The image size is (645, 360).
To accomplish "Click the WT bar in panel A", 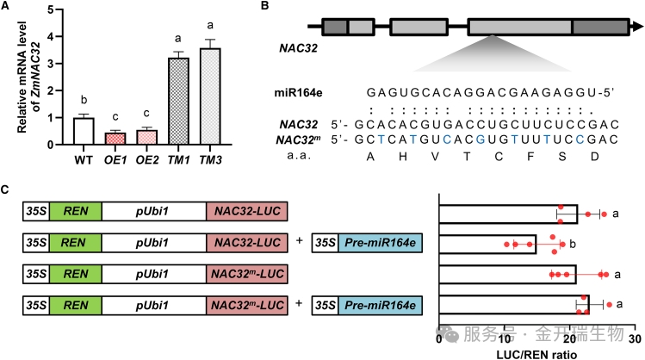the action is pos(84,131).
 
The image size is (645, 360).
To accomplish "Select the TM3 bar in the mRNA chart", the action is pos(210,96).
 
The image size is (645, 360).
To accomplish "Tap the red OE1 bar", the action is pos(115,139).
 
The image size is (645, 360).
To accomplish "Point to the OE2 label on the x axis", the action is pos(147,160).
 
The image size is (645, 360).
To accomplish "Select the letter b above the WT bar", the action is pos(84,100).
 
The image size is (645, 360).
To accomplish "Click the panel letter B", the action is pos(265,6).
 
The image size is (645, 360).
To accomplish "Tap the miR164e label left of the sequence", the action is pos(298,93).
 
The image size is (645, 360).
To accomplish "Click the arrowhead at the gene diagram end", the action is pos(637,27).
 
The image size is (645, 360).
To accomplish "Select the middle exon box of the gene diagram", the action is pos(419,27).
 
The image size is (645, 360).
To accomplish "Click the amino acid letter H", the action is pos(403,157).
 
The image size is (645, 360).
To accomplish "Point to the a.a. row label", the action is pos(299,157).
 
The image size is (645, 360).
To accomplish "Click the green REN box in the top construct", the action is pos(76,212).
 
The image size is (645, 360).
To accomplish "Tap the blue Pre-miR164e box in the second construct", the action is pos(380,243).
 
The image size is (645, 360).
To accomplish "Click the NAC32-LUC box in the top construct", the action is pos(247,212).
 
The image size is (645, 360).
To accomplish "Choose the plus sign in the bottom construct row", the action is pos(299,304).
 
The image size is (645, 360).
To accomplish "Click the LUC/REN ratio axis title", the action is pos(536,354).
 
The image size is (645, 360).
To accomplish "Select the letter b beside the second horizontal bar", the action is pos(573,245).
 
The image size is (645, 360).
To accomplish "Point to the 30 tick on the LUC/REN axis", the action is pos(636,338).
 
